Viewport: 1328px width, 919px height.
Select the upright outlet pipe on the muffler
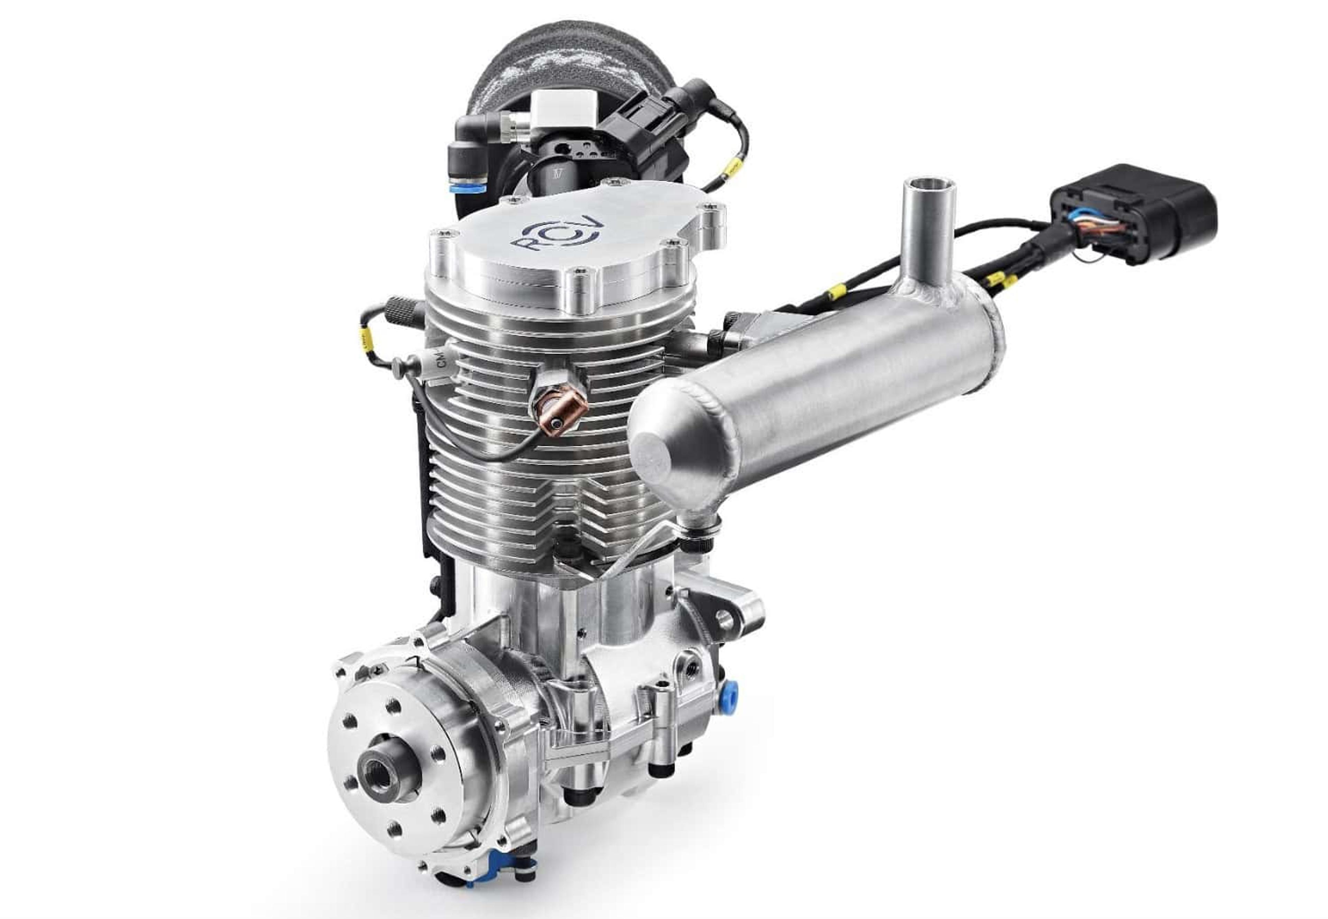coord(928,230)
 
